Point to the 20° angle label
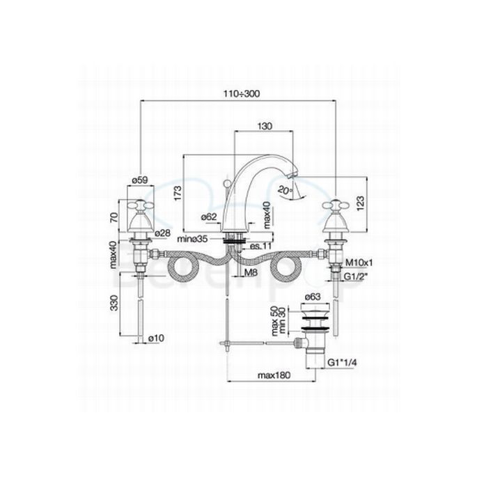(x=283, y=189)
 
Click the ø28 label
(x=162, y=232)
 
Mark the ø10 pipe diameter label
(x=157, y=338)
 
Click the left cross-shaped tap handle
(x=141, y=205)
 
